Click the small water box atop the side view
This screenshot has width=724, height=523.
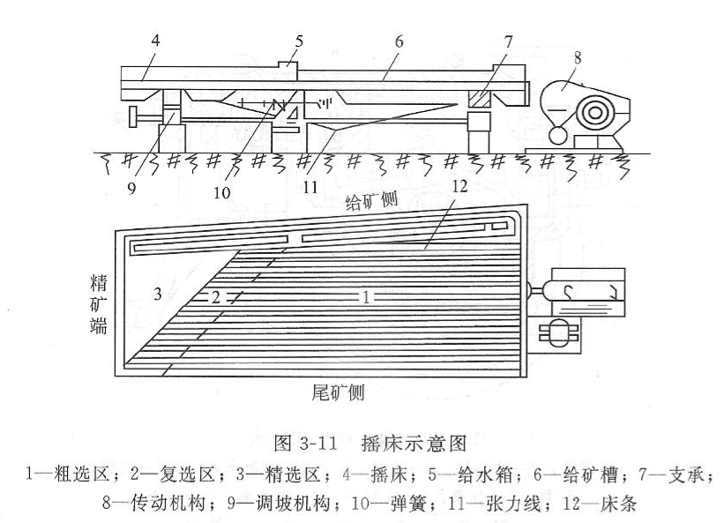click(288, 66)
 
